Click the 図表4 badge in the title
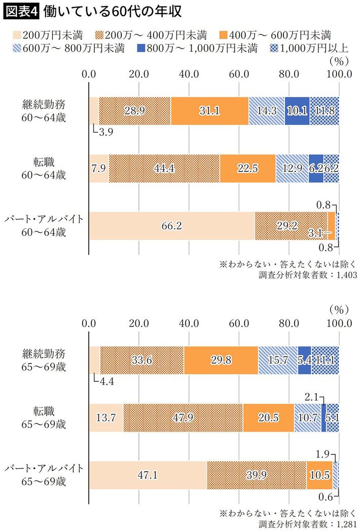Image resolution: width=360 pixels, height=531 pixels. pos(21,11)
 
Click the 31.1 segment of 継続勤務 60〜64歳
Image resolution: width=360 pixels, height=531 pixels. pos(209,111)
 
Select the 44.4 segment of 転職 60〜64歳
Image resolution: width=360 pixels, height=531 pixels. pos(164,168)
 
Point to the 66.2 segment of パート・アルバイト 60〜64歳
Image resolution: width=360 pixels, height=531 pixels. pos(171,226)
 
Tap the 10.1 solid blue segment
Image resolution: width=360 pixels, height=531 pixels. pos(297,111)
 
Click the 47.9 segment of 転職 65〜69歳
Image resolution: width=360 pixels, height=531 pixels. pos(183,418)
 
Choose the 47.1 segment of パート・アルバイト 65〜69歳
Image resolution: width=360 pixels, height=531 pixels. pos(148,476)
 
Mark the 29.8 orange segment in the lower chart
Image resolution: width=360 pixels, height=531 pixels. pos(221,361)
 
